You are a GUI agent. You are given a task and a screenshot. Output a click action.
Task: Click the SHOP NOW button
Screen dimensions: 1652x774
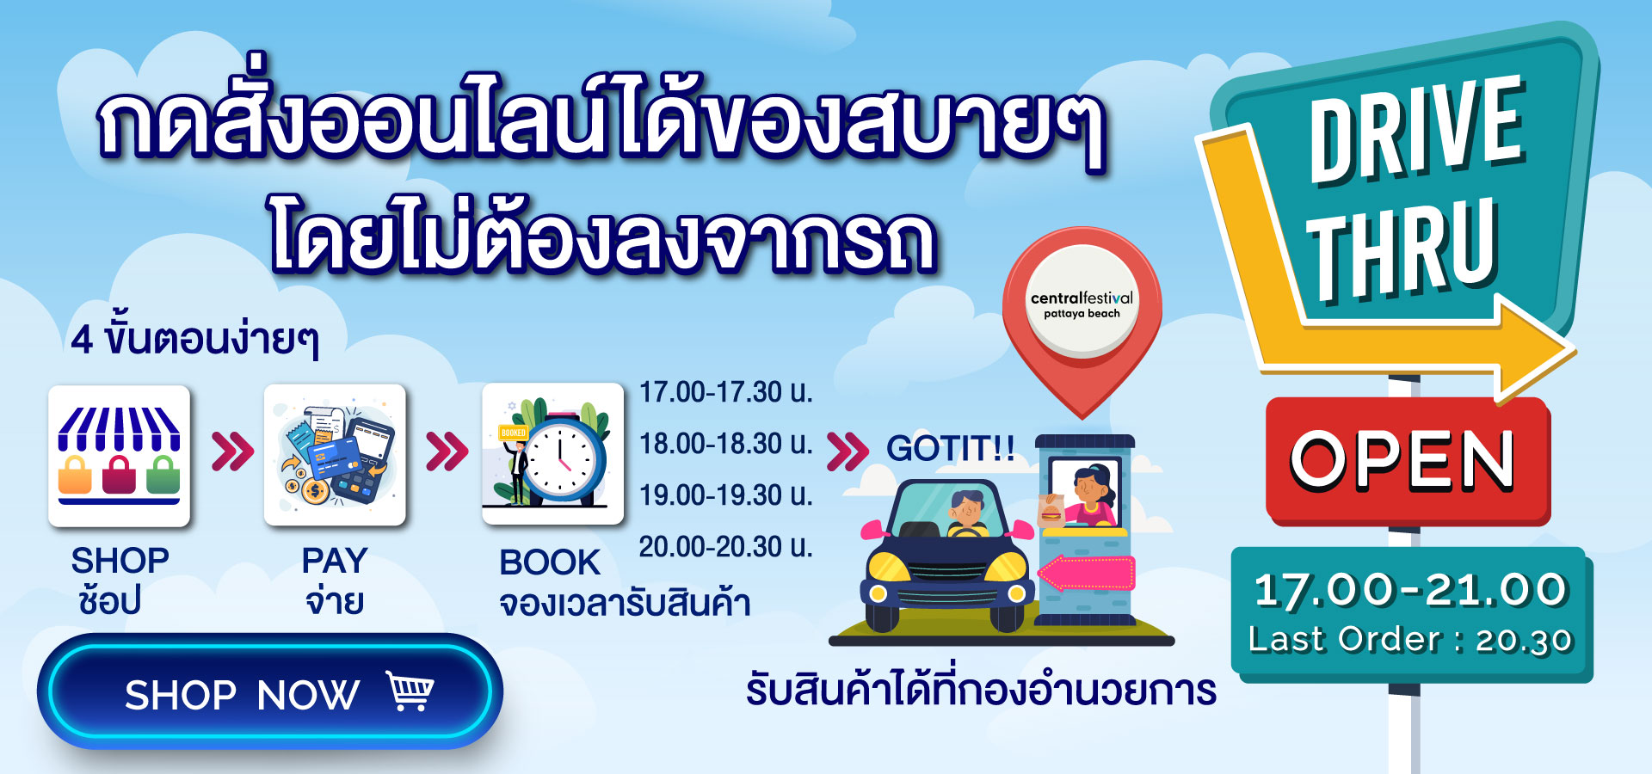tap(269, 691)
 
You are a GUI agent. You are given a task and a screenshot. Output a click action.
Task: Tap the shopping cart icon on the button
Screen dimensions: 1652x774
tap(410, 691)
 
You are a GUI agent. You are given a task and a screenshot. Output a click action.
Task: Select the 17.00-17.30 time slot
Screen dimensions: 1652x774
tap(725, 392)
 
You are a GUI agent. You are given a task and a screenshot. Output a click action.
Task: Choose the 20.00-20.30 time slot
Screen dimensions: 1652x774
tap(725, 547)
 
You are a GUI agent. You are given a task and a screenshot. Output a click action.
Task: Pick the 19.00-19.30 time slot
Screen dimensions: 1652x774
tap(725, 495)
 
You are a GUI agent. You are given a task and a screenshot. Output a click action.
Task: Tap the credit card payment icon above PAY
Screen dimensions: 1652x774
tap(335, 455)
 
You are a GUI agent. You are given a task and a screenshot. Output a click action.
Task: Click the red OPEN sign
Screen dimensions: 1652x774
tap(1407, 461)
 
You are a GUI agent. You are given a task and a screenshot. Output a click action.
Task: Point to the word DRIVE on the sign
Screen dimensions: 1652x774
tap(1416, 129)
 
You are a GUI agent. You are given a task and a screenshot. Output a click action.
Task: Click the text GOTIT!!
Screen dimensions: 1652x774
tap(951, 449)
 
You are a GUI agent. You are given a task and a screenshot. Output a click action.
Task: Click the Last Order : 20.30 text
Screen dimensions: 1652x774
tap(1411, 640)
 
